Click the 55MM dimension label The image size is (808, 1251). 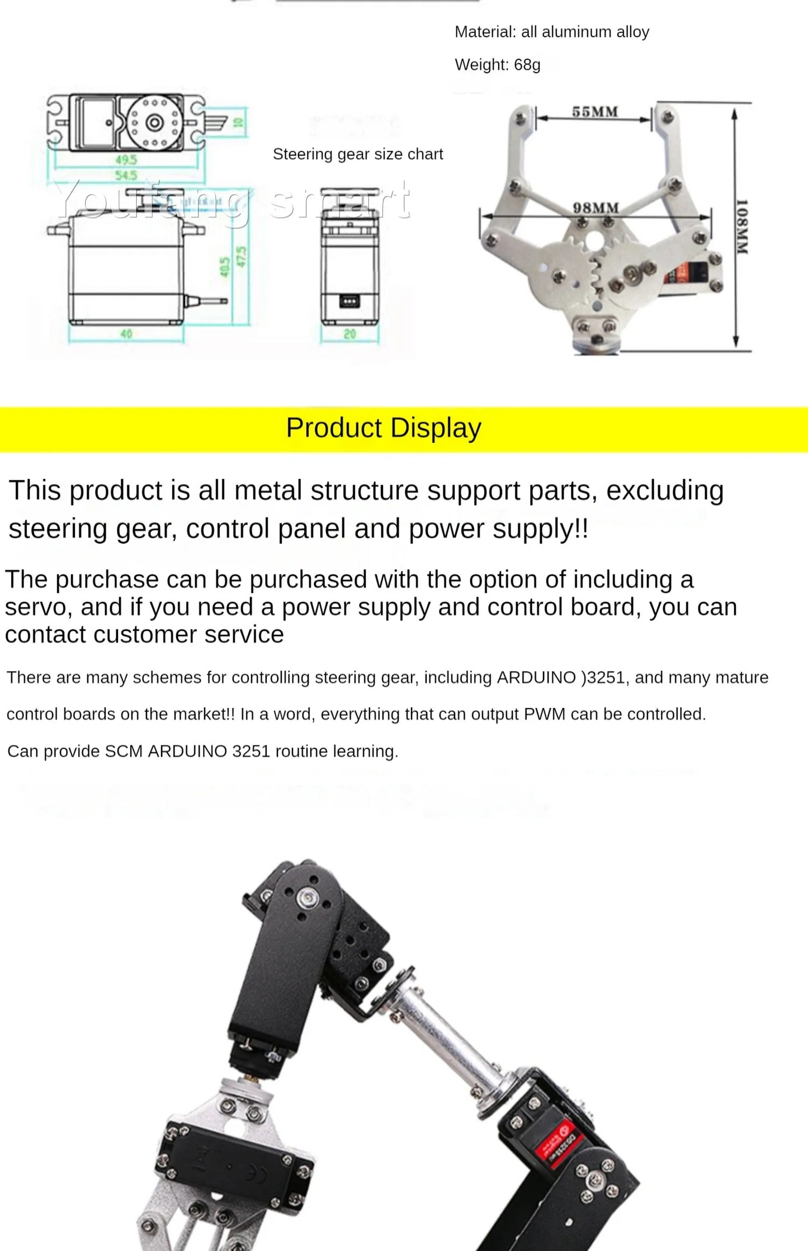(x=595, y=112)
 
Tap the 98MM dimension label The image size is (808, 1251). (x=596, y=208)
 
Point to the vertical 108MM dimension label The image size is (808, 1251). (x=741, y=226)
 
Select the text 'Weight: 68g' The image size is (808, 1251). (x=497, y=65)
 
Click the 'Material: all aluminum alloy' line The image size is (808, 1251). (x=551, y=32)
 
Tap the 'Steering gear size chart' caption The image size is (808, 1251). (x=357, y=154)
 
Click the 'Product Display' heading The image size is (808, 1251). (x=384, y=428)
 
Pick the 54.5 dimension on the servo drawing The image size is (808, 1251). (x=126, y=176)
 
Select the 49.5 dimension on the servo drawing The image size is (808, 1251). (x=126, y=160)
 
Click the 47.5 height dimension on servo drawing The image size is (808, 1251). (x=242, y=257)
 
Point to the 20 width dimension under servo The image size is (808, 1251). (x=349, y=334)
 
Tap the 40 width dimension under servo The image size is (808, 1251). (x=126, y=334)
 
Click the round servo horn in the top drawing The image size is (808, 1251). (x=154, y=122)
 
